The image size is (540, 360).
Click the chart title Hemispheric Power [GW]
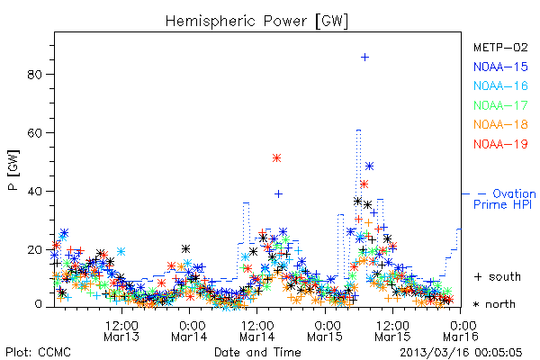(x=256, y=21)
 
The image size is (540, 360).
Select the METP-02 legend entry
(x=500, y=47)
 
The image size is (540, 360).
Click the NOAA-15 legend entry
(x=500, y=67)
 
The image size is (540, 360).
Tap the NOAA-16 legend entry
(x=500, y=85)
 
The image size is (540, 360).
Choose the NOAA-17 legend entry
(x=500, y=105)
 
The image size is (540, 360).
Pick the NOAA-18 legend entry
(x=500, y=124)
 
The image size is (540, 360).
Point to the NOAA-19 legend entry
(x=500, y=144)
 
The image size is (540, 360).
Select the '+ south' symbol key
(x=498, y=276)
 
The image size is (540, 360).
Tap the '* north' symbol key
(x=494, y=304)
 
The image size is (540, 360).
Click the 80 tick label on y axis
(x=34, y=75)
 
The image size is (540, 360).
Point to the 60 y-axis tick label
(x=34, y=132)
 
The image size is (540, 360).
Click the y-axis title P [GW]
(x=13, y=170)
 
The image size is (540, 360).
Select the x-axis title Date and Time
(x=257, y=352)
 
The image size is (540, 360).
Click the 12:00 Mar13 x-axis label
(x=121, y=330)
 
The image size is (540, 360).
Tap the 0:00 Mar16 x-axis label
(x=461, y=330)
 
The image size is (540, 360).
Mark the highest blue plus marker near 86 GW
(x=365, y=58)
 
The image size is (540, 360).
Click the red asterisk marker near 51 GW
(x=276, y=158)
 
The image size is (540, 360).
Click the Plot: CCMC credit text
(x=38, y=352)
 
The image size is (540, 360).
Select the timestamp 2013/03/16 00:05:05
(x=461, y=353)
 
